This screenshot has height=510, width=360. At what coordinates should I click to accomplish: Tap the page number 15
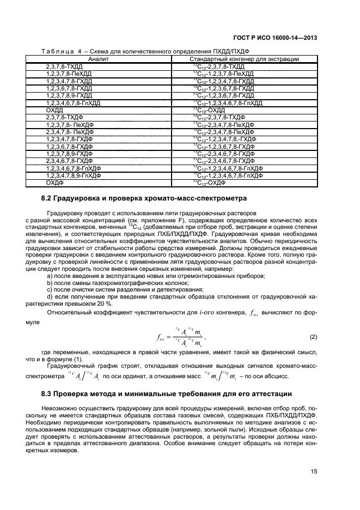pos(314,472)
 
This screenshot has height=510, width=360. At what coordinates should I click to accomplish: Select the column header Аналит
pos(99,58)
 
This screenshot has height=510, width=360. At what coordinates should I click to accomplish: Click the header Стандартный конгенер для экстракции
pos(243,58)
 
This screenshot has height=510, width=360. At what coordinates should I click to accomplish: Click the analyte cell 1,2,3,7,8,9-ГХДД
pos(69,95)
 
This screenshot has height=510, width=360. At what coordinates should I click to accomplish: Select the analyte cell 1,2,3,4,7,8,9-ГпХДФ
pos(74,176)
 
